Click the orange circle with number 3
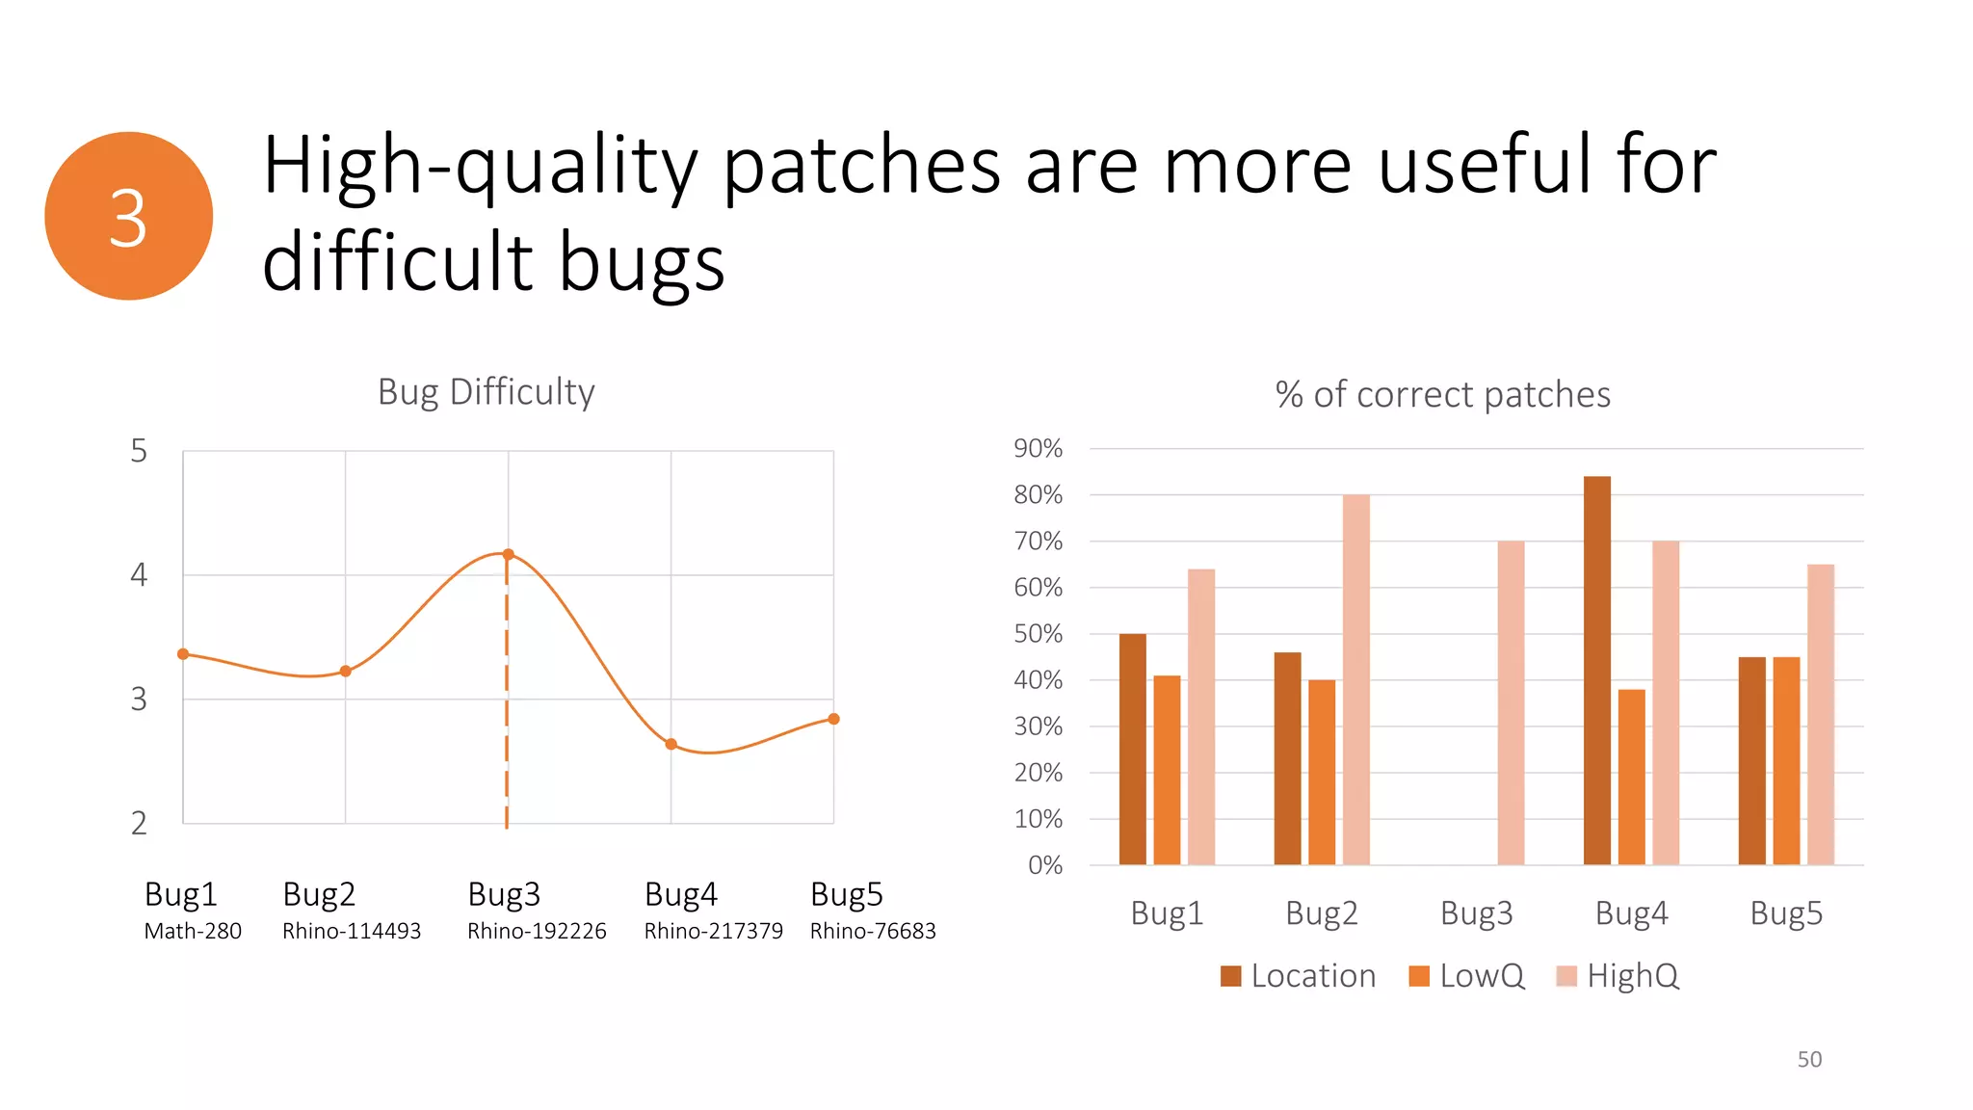coord(128,216)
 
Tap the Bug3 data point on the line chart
coord(508,554)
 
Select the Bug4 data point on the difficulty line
coord(671,744)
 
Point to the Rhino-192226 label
coord(537,931)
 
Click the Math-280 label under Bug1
coord(193,931)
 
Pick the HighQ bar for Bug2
coord(1355,679)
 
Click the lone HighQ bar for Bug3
coord(1511,702)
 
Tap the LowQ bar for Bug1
coord(1167,770)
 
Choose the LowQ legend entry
coord(1466,976)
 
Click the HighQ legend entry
coord(1618,976)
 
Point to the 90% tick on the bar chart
coord(1038,448)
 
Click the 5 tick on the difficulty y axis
coord(139,451)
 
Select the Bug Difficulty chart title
coord(486,392)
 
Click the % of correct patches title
coord(1442,394)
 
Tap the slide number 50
coord(1809,1059)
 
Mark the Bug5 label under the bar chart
coord(1785,912)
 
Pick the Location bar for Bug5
coord(1751,760)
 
